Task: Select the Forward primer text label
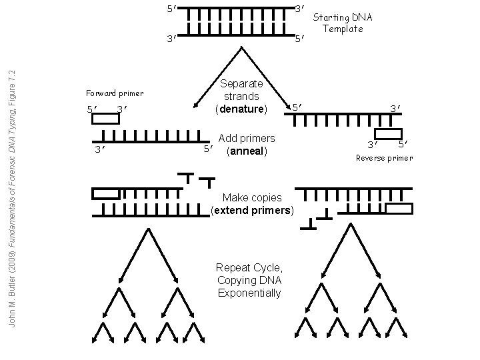(x=115, y=93)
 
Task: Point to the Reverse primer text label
(x=384, y=158)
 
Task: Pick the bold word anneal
(x=247, y=151)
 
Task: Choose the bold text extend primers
(x=252, y=211)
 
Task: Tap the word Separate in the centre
(x=241, y=84)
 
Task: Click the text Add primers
(x=246, y=138)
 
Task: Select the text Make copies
(x=252, y=198)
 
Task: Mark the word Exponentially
(x=249, y=293)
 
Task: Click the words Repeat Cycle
(x=249, y=268)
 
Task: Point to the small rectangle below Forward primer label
(x=105, y=119)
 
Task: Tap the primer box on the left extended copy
(x=105, y=194)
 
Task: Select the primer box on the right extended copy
(x=399, y=209)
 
